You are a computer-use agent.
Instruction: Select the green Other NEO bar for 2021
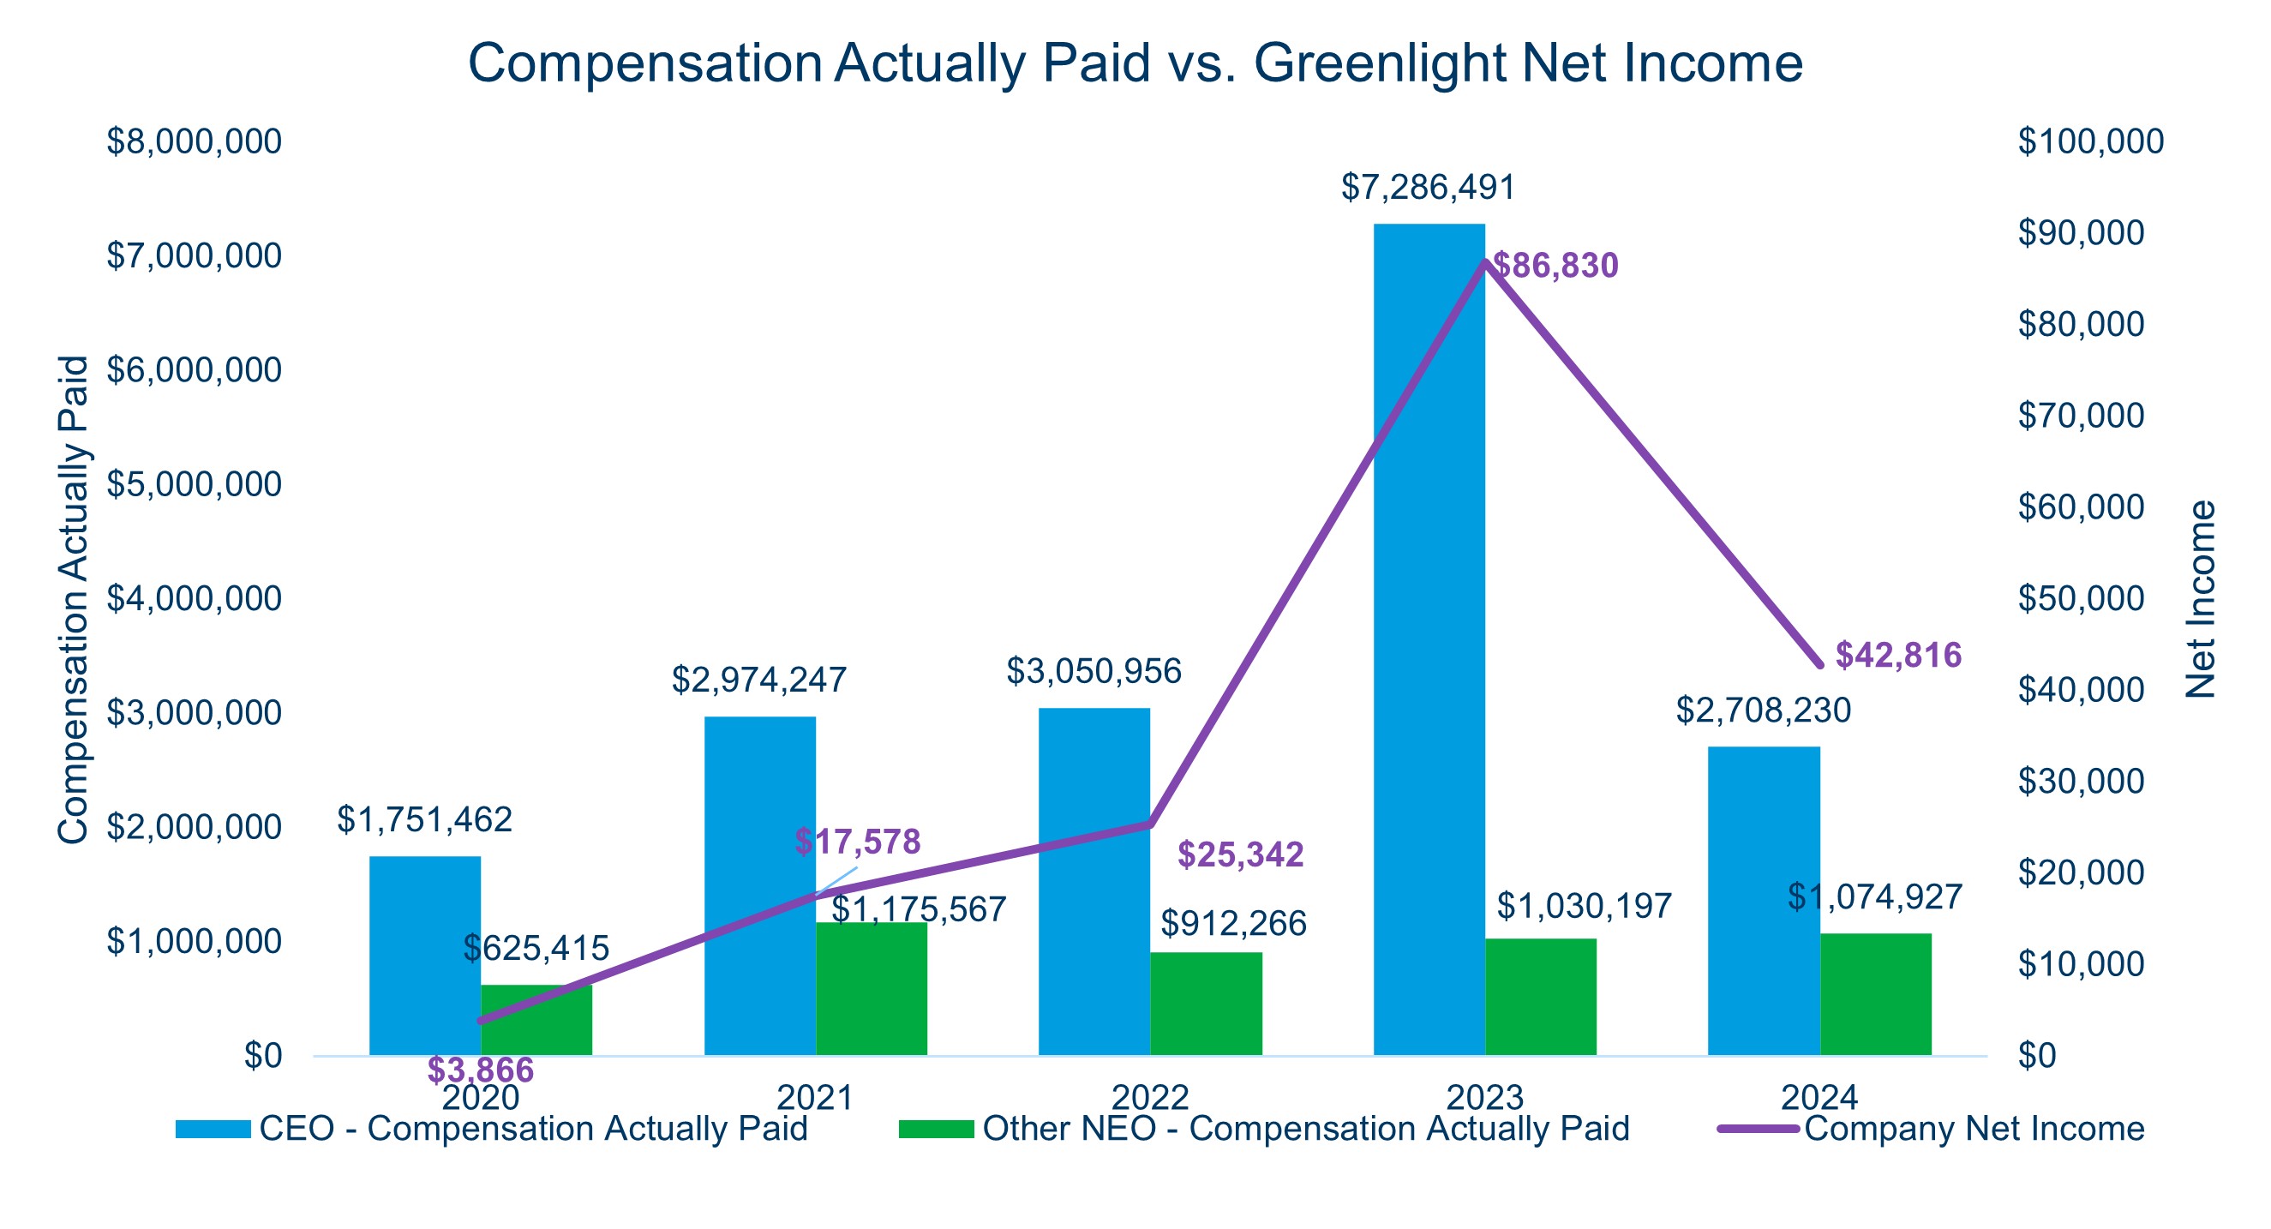point(871,988)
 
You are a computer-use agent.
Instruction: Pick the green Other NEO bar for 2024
point(1875,993)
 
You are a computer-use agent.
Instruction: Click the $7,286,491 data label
point(1428,188)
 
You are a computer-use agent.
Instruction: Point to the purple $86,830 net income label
point(1555,266)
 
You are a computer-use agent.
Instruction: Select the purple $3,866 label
point(481,1070)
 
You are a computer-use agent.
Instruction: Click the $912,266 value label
point(1232,923)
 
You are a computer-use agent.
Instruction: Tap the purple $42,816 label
point(1898,655)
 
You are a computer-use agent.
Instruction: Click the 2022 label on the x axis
point(1149,1098)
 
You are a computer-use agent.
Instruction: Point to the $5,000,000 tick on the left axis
point(194,484)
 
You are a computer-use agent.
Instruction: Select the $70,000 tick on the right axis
point(2081,416)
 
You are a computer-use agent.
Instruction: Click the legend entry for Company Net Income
point(1973,1129)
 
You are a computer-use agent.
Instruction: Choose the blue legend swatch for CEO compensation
point(213,1130)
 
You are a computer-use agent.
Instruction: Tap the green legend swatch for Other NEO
point(937,1130)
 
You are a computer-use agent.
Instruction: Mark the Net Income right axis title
point(2202,600)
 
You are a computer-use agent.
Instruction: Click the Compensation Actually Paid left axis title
point(73,600)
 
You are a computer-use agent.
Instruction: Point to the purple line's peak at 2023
point(1485,262)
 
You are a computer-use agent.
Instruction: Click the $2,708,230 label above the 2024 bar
point(1763,710)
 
